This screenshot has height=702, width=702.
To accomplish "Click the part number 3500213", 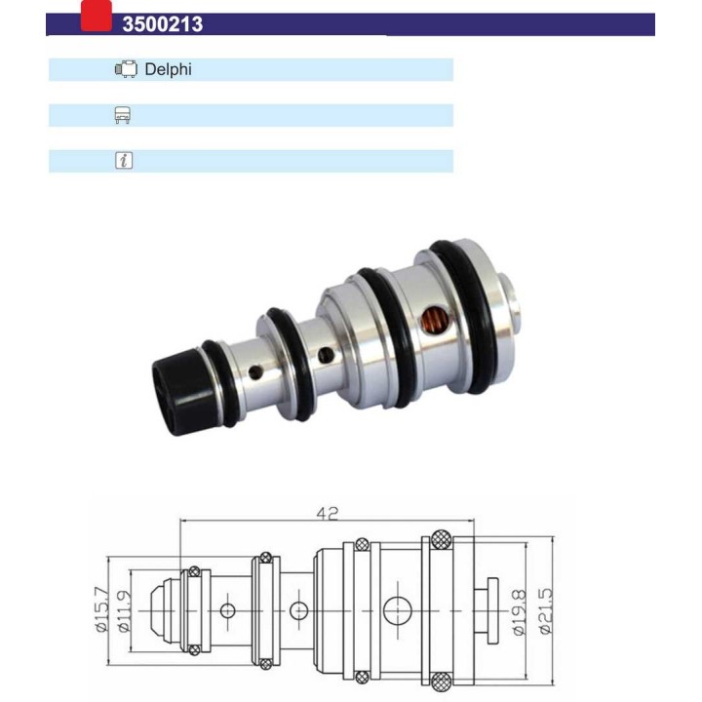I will (x=162, y=24).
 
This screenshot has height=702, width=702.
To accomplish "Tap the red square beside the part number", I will (x=96, y=17).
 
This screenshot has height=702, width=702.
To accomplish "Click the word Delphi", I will (x=169, y=69).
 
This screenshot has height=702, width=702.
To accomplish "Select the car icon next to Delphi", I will (x=126, y=69).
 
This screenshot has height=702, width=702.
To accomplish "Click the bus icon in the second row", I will (x=123, y=115).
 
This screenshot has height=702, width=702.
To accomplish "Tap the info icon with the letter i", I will (x=123, y=161).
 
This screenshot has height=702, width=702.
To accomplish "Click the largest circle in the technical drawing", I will (x=397, y=610).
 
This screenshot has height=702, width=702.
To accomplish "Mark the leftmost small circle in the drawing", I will (x=228, y=610).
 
